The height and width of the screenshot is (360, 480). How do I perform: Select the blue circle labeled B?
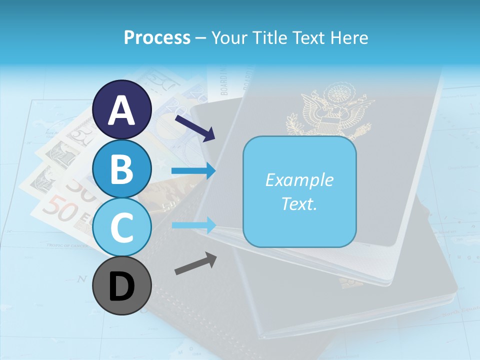tap(122, 169)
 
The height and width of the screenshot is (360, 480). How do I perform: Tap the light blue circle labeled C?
tap(122, 228)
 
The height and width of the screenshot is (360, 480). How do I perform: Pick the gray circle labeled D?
tap(122, 286)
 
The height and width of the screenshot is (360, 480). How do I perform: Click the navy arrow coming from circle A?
tap(195, 127)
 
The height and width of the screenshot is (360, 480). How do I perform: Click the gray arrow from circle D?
tap(195, 264)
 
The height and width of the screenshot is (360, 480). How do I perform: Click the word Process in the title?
tap(157, 38)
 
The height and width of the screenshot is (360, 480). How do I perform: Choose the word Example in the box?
tap(299, 180)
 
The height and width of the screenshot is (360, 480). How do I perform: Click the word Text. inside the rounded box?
tap(299, 204)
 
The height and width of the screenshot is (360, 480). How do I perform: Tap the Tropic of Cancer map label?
tap(67, 245)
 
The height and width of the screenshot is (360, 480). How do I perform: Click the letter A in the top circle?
tap(122, 110)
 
